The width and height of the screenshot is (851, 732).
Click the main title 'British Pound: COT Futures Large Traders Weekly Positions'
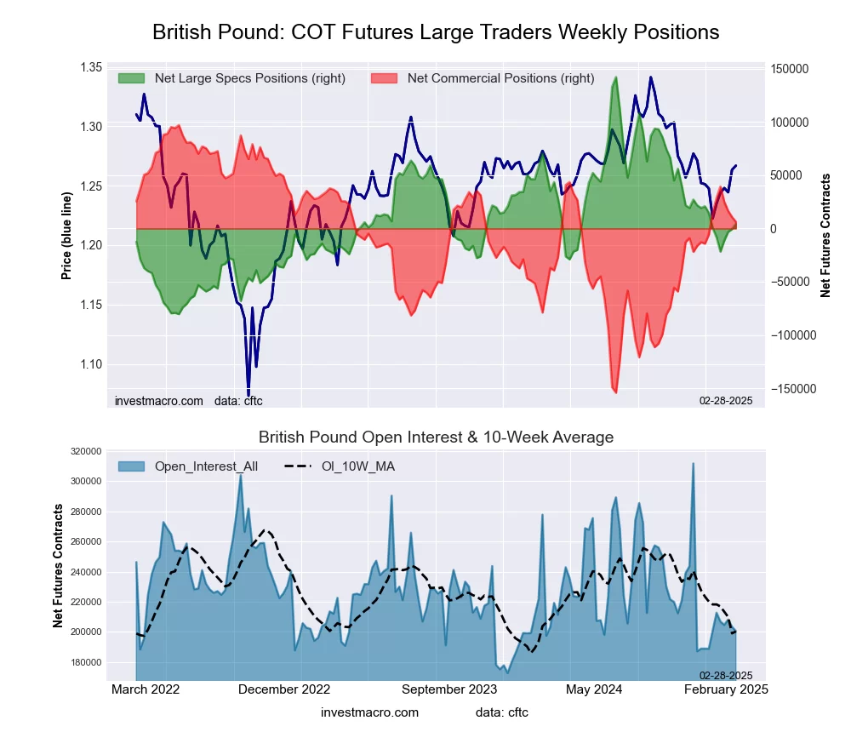436,32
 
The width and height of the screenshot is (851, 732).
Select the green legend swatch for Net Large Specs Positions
133,78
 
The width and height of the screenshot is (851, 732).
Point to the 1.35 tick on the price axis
90,67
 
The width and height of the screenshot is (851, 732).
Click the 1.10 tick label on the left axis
90,364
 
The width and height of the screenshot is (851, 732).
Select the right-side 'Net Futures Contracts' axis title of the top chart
825,234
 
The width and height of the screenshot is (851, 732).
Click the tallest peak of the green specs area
615,77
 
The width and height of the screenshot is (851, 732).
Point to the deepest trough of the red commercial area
615,392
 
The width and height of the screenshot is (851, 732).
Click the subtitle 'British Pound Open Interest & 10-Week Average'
436,437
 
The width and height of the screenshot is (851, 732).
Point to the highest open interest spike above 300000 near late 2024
694,464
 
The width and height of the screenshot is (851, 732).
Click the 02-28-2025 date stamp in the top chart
726,400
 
